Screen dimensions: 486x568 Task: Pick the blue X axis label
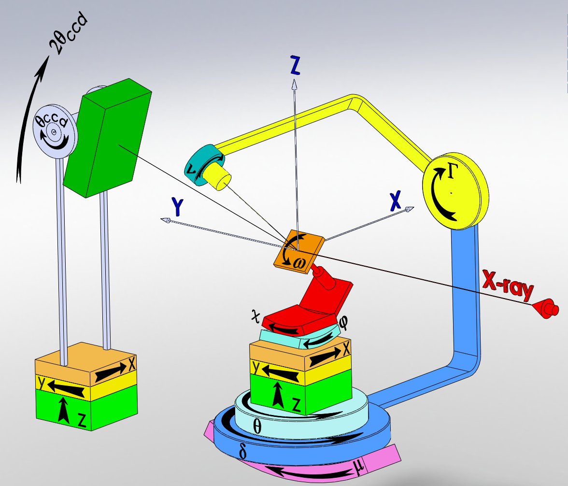click(x=395, y=200)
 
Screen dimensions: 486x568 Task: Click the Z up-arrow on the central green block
click(x=278, y=394)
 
